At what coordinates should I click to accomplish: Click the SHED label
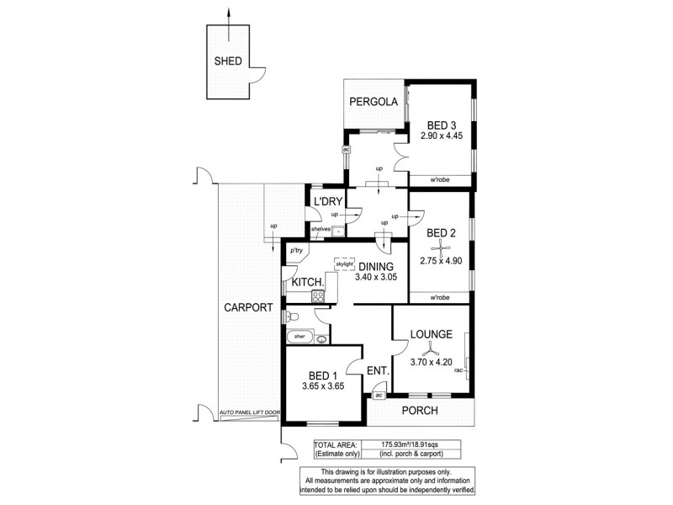[x=229, y=61]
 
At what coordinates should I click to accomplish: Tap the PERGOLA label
[x=374, y=103]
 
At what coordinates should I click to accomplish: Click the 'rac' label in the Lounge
[x=459, y=369]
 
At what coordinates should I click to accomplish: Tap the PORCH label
[x=421, y=410]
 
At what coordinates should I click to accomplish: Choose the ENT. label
[x=378, y=370]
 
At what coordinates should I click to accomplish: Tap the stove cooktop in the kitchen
[x=318, y=295]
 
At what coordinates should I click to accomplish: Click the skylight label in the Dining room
[x=344, y=263]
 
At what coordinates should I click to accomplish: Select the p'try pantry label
[x=295, y=251]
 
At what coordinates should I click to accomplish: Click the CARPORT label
[x=248, y=307]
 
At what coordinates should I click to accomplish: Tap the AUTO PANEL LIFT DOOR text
[x=247, y=413]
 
